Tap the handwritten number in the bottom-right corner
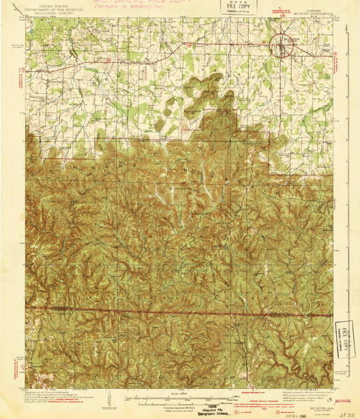tap(343, 413)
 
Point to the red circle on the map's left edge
tap(28, 364)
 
